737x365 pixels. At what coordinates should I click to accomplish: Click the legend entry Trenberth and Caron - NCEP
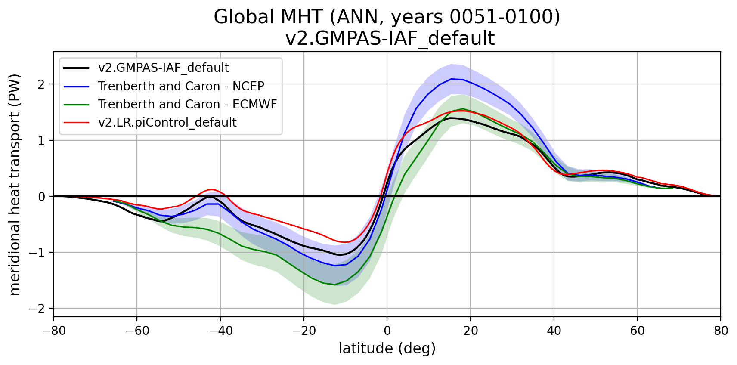click(x=181, y=86)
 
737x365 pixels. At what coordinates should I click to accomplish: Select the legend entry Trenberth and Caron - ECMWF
click(x=187, y=104)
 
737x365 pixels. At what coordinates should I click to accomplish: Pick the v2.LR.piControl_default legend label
click(x=167, y=122)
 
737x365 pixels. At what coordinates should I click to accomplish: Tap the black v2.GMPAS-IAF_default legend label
click(x=163, y=68)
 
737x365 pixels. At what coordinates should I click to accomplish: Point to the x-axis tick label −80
click(x=53, y=331)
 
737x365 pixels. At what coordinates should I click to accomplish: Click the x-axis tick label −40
click(x=220, y=331)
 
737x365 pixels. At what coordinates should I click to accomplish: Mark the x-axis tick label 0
click(x=387, y=331)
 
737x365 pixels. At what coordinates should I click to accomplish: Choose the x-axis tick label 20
click(x=470, y=331)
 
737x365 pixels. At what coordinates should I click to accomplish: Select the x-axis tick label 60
click(x=637, y=331)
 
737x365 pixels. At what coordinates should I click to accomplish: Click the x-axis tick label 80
click(x=720, y=331)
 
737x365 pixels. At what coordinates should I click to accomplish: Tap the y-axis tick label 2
click(x=41, y=84)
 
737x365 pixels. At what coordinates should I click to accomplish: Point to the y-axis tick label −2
click(x=38, y=309)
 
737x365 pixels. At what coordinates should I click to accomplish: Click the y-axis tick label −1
click(x=38, y=253)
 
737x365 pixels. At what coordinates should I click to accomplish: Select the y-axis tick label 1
click(x=41, y=140)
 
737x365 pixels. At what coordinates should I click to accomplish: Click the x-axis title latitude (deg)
click(x=387, y=348)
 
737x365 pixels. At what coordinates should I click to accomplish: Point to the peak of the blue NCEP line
click(x=451, y=79)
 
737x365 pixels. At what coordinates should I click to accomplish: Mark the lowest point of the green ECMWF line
click(x=334, y=285)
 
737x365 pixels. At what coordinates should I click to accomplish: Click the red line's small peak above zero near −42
click(x=211, y=189)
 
